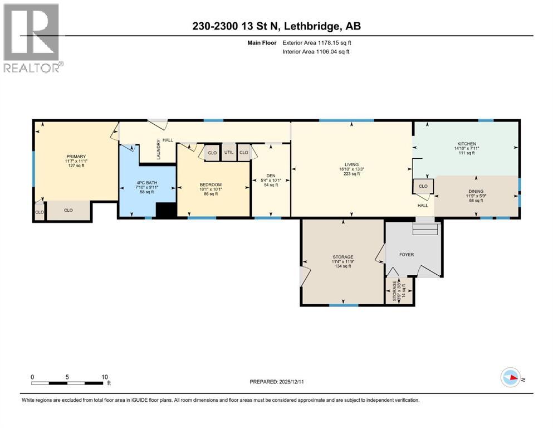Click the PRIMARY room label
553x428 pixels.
[75, 156]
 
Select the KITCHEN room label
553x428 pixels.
[465, 144]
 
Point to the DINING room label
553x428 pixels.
[476, 192]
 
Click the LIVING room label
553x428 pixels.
[351, 164]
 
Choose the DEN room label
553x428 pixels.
[271, 175]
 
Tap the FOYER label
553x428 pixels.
[407, 254]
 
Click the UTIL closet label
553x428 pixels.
[229, 152]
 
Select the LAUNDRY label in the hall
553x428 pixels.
[158, 149]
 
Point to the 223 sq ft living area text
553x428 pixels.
[351, 174]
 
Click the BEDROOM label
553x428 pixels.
[211, 185]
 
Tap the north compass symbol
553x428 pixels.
[511, 378]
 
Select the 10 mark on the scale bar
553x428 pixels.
[105, 376]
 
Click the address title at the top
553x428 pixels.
[276, 26]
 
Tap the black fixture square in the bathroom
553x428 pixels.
[165, 210]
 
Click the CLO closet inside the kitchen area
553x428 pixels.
[423, 186]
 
